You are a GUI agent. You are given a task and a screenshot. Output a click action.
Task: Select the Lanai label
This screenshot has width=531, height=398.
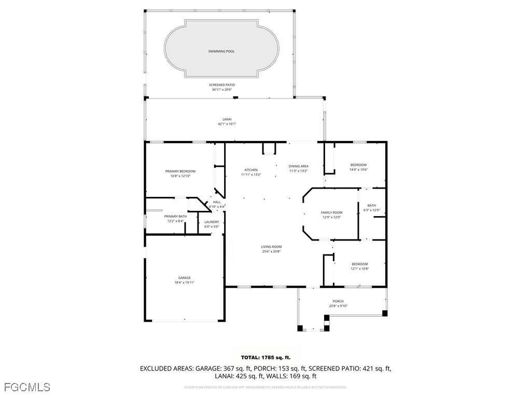tap(227, 119)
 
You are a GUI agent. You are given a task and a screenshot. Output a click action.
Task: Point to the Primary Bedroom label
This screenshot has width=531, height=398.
tap(180, 172)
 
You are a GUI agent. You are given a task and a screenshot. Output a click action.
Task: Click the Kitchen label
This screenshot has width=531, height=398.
tap(251, 170)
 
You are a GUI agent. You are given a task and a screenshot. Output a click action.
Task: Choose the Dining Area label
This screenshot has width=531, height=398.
tap(298, 166)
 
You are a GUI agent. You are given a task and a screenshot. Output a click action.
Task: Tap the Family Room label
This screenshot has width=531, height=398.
tap(331, 212)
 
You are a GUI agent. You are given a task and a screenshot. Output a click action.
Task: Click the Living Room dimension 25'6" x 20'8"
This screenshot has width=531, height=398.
tap(271, 251)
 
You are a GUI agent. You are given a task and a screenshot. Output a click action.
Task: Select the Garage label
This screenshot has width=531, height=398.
tap(184, 278)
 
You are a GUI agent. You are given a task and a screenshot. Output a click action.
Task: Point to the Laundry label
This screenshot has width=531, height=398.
tap(212, 222)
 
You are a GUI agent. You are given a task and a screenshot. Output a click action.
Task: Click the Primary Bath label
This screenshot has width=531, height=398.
tap(175, 216)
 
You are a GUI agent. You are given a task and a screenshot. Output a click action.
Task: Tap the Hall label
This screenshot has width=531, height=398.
tap(217, 202)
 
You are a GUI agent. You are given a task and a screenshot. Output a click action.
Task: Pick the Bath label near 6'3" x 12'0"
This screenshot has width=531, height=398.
tap(371, 205)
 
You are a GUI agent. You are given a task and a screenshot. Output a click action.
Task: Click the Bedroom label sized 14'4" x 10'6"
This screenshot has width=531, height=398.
tap(358, 165)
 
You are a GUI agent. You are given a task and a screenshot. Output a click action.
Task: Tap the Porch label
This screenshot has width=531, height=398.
tap(338, 301)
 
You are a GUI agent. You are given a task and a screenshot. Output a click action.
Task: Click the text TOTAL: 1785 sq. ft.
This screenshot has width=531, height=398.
tap(265, 358)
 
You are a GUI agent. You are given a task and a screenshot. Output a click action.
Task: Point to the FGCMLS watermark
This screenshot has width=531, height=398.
tap(27, 387)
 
